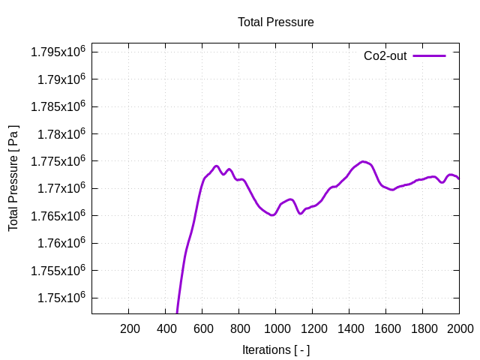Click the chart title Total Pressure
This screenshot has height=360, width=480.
tap(275, 22)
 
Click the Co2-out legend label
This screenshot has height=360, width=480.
tap(385, 55)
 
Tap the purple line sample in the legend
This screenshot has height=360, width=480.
tap(429, 55)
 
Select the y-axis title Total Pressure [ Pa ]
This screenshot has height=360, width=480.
tap(13, 178)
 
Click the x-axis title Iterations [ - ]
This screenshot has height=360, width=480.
tap(275, 349)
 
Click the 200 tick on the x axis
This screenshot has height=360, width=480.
tap(129, 328)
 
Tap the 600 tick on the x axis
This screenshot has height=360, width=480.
tap(202, 328)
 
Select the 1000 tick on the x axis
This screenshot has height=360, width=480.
tap(276, 328)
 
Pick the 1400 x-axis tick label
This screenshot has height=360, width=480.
tap(349, 328)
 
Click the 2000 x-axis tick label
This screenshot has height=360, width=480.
tap(459, 328)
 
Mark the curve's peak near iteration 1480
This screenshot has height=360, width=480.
tap(364, 161)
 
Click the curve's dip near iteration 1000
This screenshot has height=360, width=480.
tap(273, 215)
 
